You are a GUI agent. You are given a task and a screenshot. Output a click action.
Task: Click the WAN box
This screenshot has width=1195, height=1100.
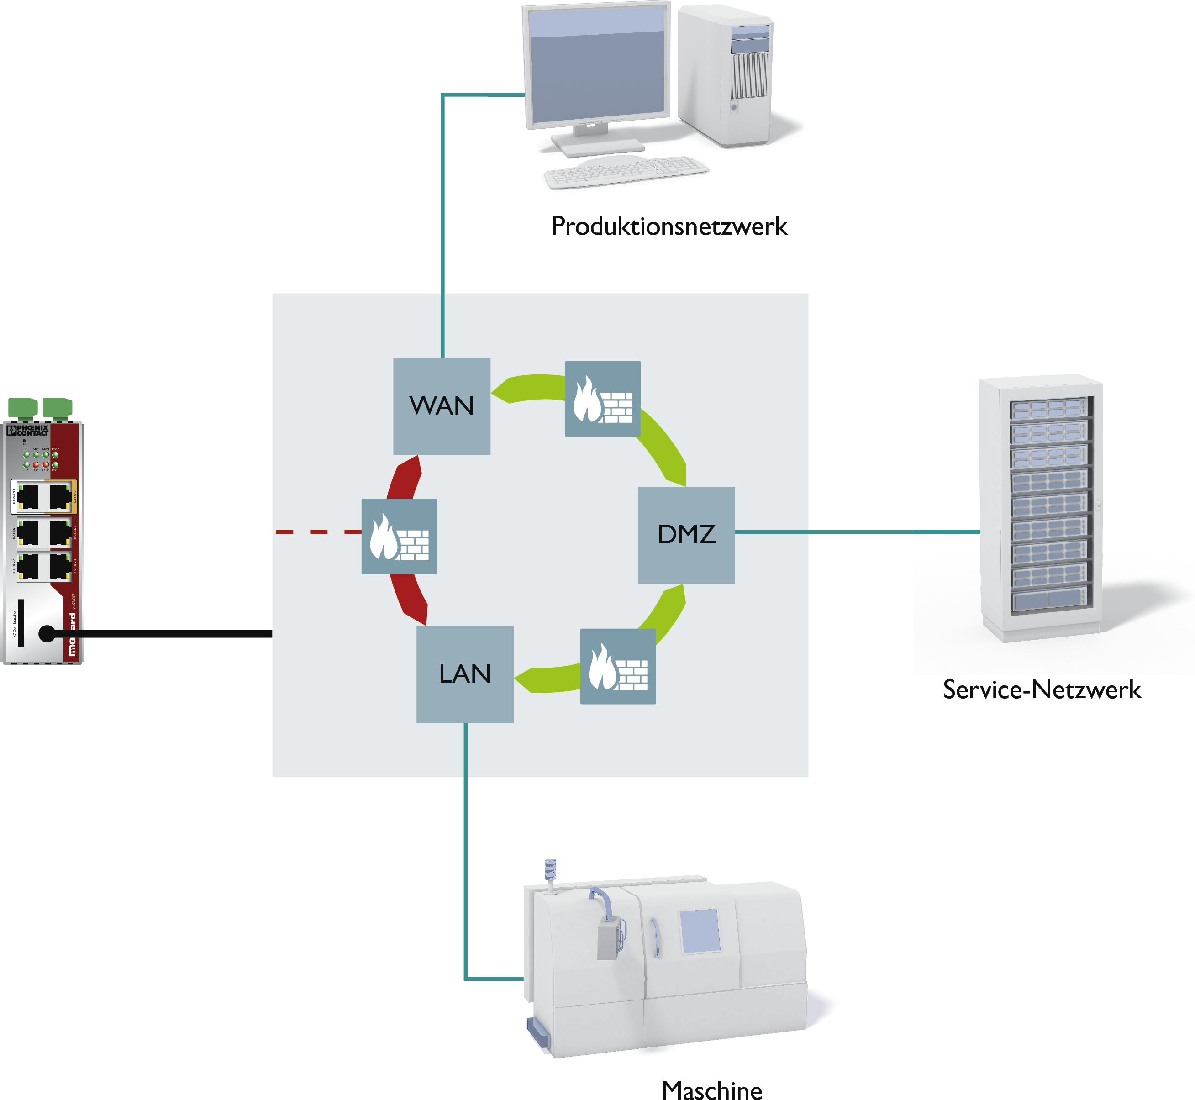pyautogui.click(x=442, y=406)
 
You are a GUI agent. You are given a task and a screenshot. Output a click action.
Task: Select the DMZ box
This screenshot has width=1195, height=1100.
pyautogui.click(x=686, y=535)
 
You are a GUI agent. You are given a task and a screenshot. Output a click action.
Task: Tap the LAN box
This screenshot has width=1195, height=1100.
pyautogui.click(x=465, y=674)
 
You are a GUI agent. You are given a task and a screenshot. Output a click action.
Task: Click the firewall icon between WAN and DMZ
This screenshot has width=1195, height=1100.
pyautogui.click(x=602, y=398)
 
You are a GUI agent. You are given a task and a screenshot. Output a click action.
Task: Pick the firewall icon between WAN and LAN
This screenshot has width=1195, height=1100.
pyautogui.click(x=399, y=536)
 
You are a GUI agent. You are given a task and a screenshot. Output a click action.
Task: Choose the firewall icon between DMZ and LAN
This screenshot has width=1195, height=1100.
pyautogui.click(x=618, y=666)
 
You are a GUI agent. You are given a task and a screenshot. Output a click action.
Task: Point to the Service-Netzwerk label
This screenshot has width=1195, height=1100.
pyautogui.click(x=1042, y=690)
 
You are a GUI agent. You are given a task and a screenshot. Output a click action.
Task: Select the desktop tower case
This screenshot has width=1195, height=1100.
pyautogui.click(x=725, y=74)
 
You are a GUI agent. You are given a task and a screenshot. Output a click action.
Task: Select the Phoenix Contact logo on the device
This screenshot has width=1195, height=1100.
pyautogui.click(x=28, y=430)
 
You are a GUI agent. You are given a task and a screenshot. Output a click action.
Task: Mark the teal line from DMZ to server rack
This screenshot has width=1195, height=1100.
pyautogui.click(x=857, y=532)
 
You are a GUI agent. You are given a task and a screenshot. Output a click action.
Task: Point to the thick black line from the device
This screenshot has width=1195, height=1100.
pyautogui.click(x=167, y=634)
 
